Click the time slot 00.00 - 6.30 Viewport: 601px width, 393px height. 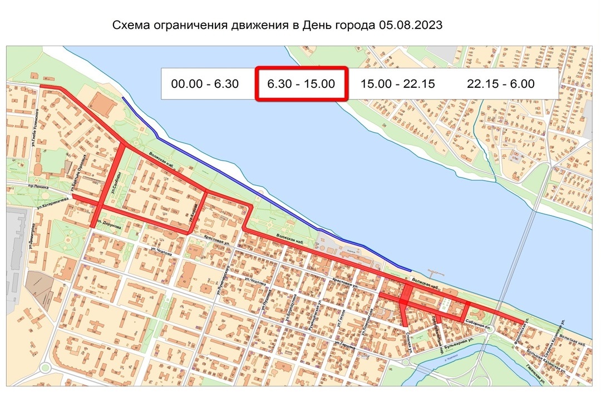coord(205,84)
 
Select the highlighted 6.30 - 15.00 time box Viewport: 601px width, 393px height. coord(301,84)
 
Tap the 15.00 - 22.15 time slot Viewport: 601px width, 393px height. coord(397,84)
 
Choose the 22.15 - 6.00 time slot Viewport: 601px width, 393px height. coord(501,84)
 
